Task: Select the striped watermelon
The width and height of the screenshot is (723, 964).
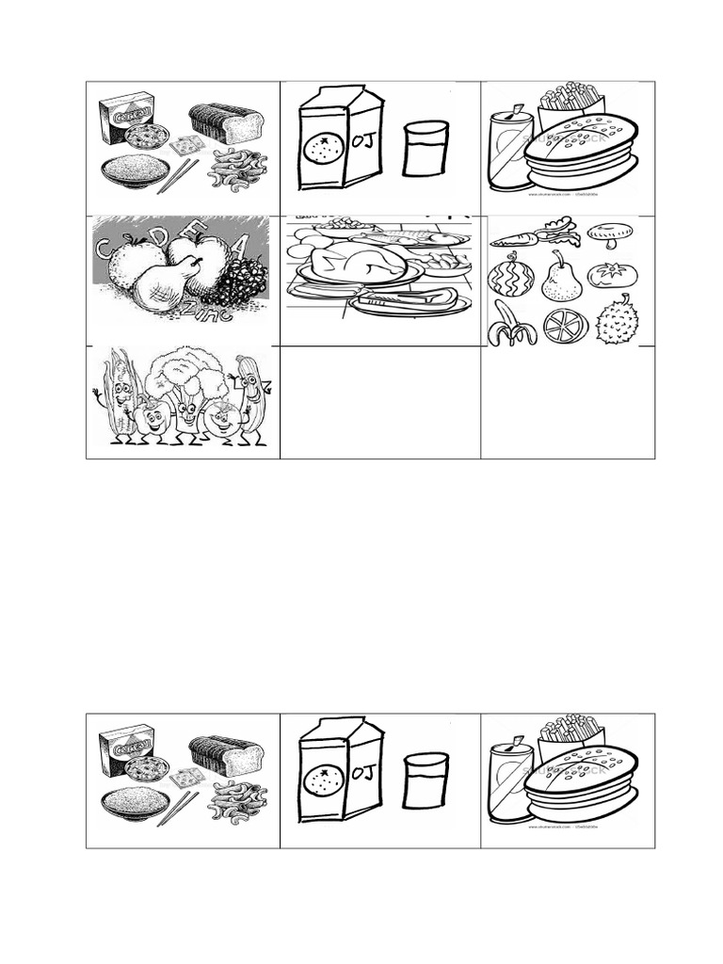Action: click(x=511, y=278)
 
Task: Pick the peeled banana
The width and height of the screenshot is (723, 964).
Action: click(x=511, y=328)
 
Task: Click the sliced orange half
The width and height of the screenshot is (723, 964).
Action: click(x=565, y=327)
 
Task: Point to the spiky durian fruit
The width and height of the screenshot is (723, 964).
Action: click(x=618, y=324)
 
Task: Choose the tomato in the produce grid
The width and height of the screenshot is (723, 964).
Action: click(x=613, y=275)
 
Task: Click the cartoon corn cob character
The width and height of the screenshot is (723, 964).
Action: click(x=120, y=395)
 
